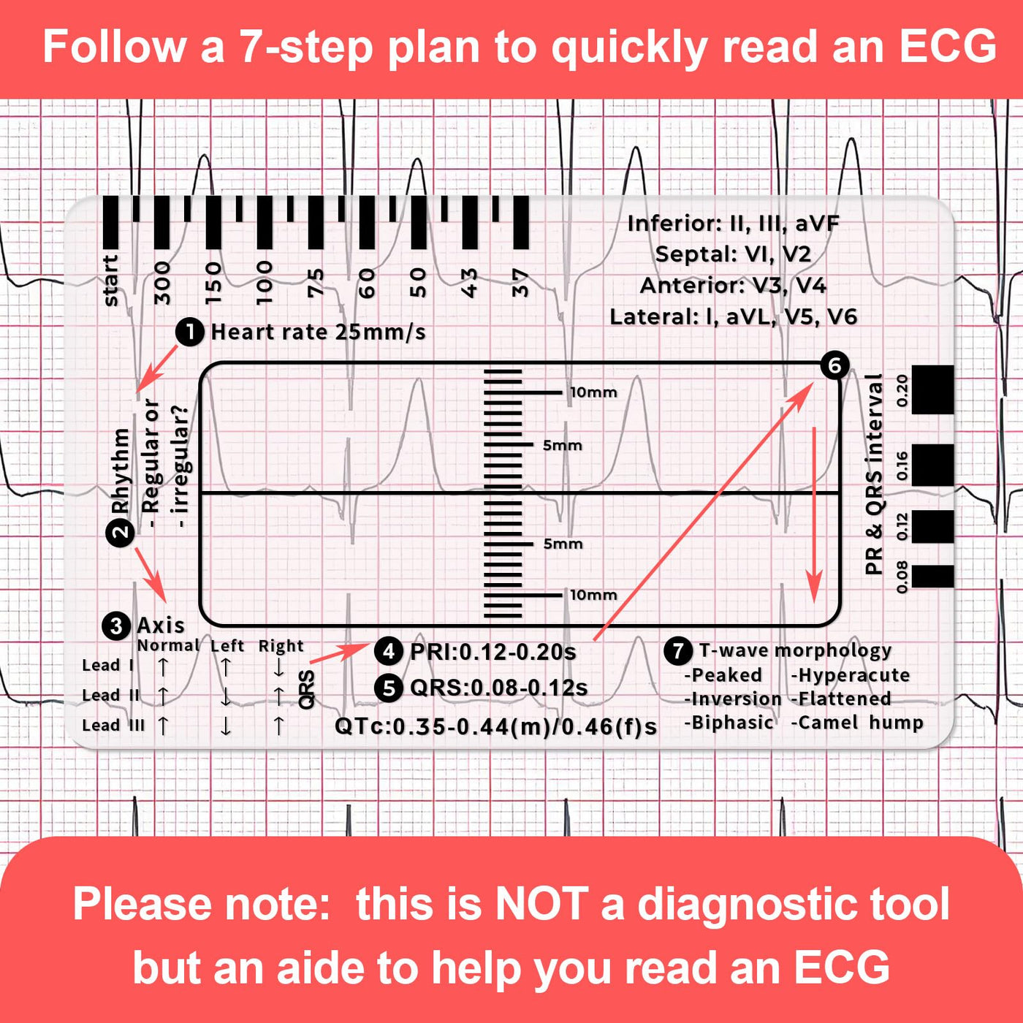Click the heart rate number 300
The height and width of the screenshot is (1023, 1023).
coord(162,283)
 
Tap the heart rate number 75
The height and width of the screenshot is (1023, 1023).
coord(316,282)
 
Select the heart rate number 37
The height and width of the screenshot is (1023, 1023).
coord(521,283)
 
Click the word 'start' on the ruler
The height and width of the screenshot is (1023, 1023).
coord(110,281)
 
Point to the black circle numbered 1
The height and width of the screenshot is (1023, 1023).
coord(189,332)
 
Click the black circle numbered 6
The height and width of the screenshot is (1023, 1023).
coord(834,365)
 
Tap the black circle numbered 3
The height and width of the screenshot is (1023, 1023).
coord(116,625)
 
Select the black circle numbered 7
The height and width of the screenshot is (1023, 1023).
coord(678,650)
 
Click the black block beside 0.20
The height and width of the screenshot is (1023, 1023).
coord(932,389)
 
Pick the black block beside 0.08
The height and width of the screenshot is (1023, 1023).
coord(932,577)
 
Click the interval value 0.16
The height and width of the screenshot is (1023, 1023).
coord(902,465)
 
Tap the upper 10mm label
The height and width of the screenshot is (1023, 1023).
coord(593,392)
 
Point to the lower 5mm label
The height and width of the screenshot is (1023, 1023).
coord(563,544)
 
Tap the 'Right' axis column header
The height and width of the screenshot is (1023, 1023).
coord(281,646)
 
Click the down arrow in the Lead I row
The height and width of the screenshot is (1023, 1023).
coord(278,667)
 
